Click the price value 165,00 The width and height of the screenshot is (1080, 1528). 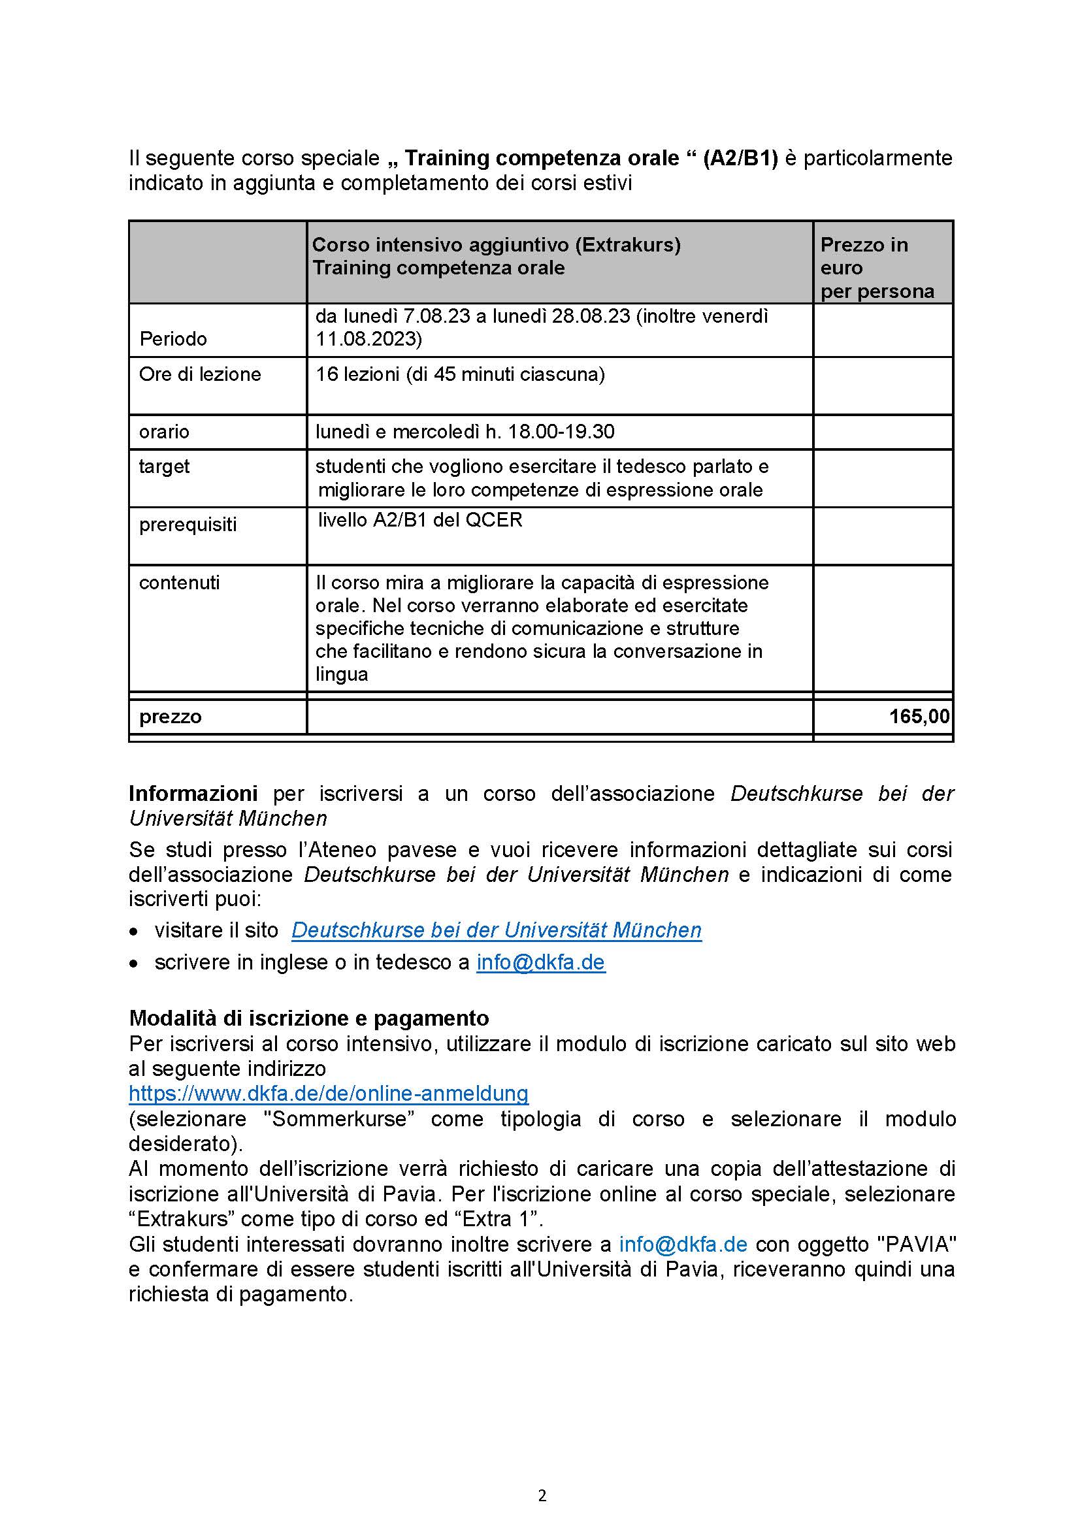(919, 717)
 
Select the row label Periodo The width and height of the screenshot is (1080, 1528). (173, 339)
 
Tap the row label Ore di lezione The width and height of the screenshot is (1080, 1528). (200, 374)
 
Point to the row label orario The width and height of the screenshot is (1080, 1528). (164, 432)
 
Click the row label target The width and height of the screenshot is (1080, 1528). (164, 466)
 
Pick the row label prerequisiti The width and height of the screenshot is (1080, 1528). (188, 525)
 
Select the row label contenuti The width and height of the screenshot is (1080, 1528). (179, 582)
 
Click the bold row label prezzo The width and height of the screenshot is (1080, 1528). (170, 717)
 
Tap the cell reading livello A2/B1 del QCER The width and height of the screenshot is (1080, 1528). (420, 520)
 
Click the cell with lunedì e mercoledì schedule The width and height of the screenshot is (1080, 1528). (465, 432)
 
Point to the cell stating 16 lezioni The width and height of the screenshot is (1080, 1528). (460, 374)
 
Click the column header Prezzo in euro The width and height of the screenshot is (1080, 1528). (876, 268)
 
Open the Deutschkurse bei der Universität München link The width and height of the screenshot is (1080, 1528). (497, 930)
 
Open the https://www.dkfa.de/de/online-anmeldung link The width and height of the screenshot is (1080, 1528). (329, 1094)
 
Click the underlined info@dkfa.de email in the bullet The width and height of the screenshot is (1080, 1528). (540, 962)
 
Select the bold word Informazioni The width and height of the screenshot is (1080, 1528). (193, 793)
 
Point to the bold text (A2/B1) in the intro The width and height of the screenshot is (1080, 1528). (740, 158)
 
